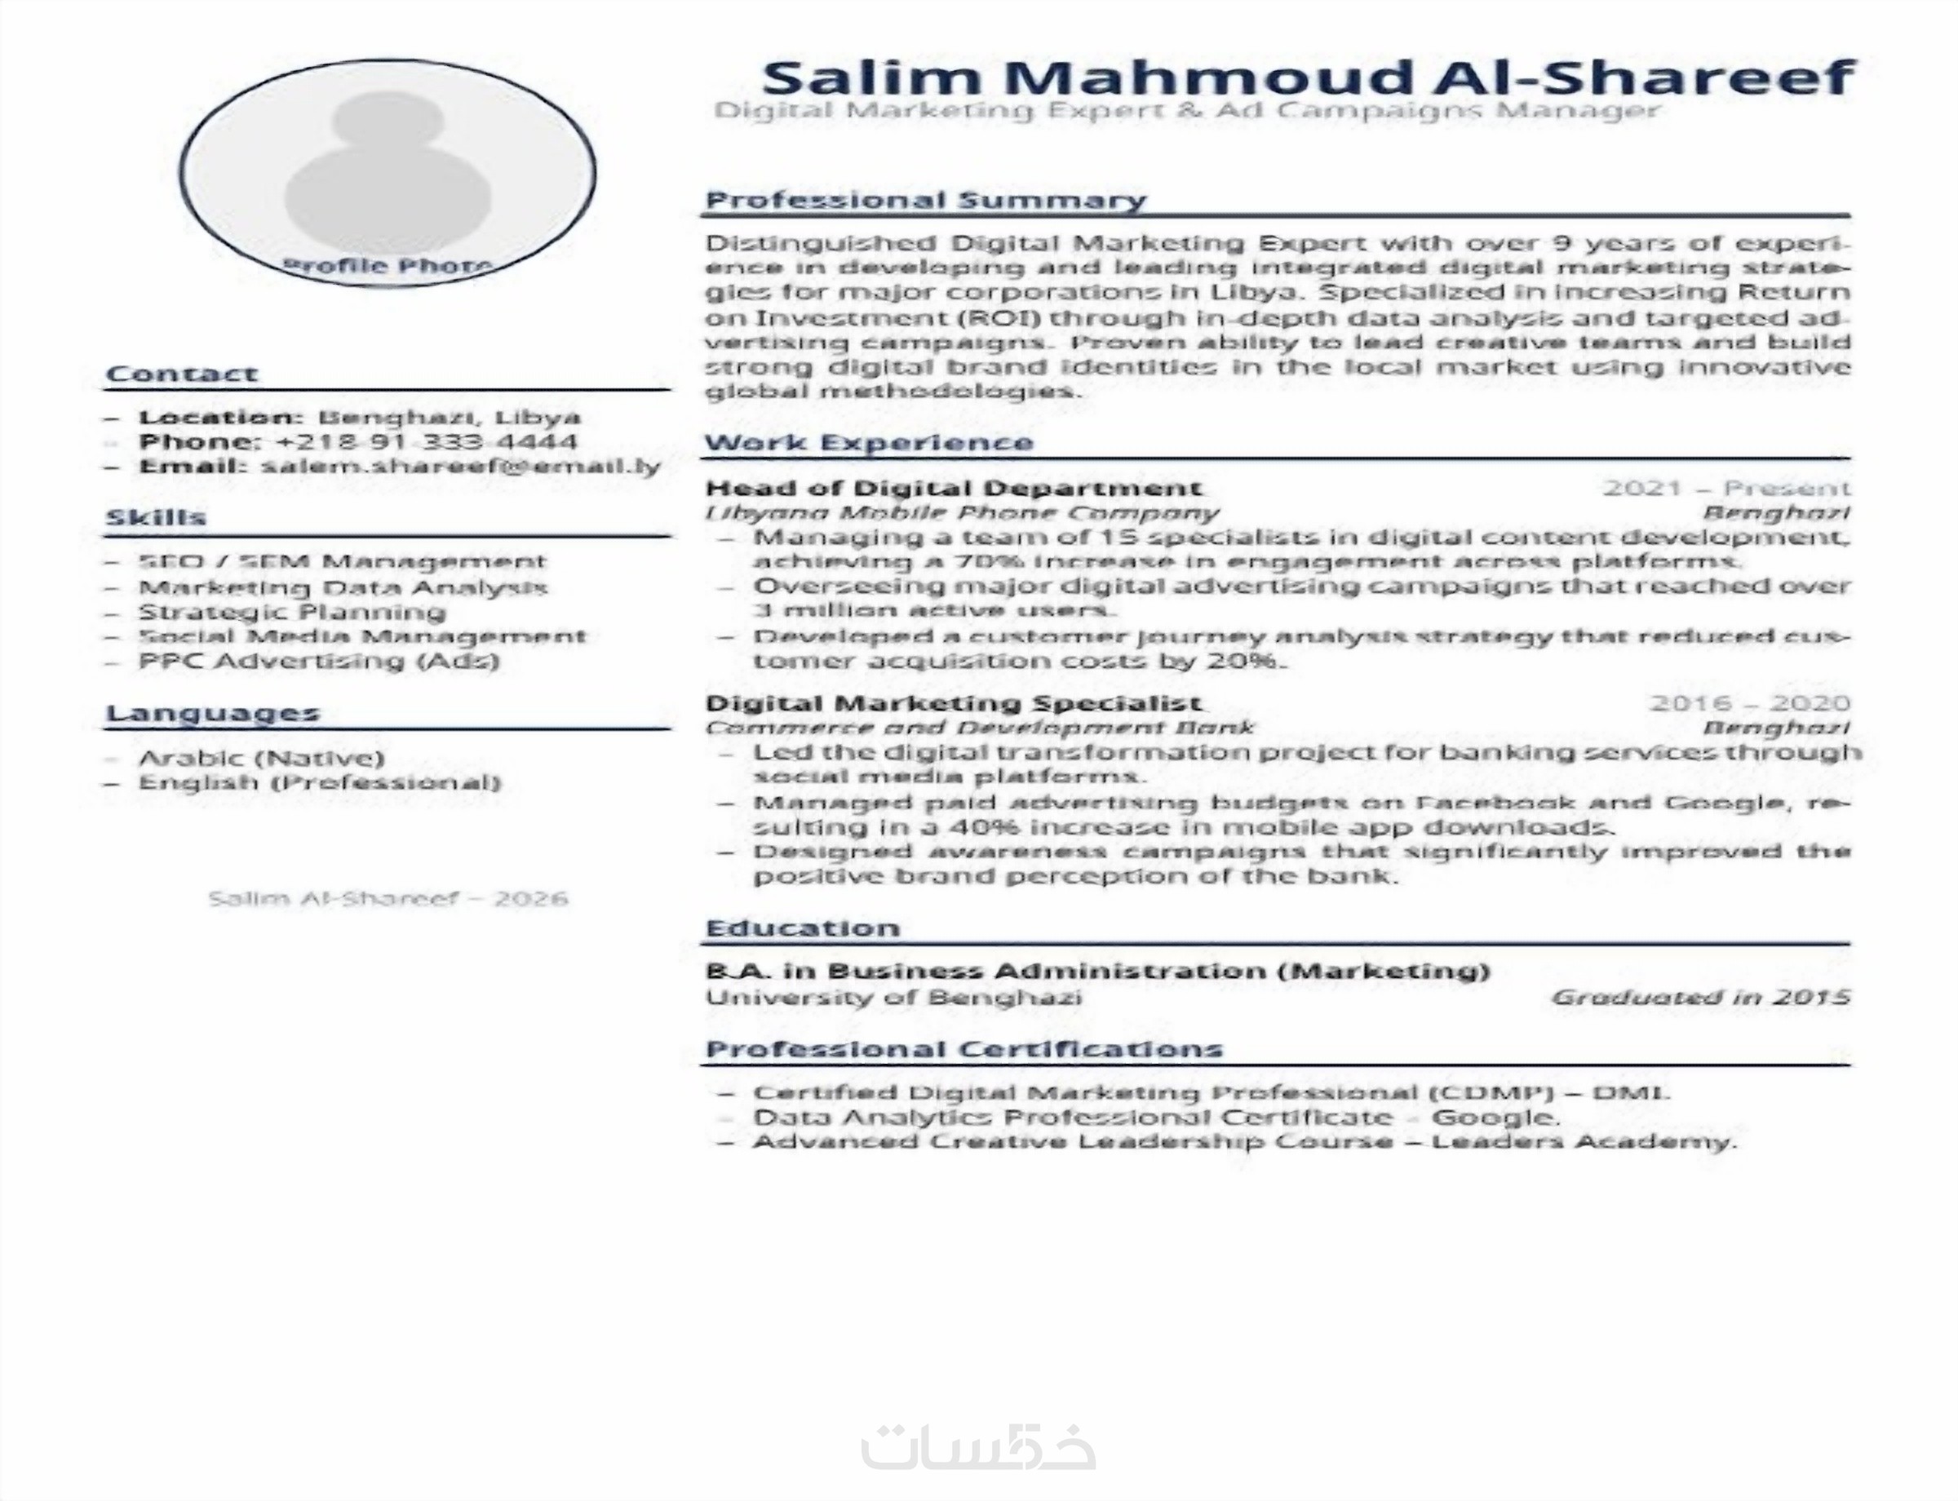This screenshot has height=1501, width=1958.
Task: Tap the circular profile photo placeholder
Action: pos(388,172)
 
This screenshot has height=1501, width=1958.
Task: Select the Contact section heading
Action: pos(181,374)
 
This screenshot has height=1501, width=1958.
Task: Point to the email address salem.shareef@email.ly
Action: pos(461,466)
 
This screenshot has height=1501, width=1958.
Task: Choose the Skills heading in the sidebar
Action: pos(156,517)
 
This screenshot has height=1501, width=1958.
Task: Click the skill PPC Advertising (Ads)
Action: pos(318,661)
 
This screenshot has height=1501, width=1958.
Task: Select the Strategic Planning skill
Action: pos(291,612)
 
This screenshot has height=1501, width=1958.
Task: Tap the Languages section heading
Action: pos(213,713)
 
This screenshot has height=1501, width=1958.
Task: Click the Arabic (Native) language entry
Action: pos(261,759)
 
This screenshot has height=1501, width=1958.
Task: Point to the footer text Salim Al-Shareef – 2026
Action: pos(388,898)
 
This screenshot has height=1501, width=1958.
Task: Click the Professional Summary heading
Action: pos(925,199)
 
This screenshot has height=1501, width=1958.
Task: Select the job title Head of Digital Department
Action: pos(953,488)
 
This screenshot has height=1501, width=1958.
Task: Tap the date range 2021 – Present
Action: pos(1725,488)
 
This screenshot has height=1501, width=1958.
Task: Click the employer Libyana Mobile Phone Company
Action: pos(962,513)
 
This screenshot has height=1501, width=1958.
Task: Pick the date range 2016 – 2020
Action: pos(1749,703)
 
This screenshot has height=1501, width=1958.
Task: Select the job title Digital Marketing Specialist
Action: pos(953,703)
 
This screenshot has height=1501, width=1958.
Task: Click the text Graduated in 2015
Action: pos(1699,997)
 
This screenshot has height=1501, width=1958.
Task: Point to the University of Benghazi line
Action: pos(893,997)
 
